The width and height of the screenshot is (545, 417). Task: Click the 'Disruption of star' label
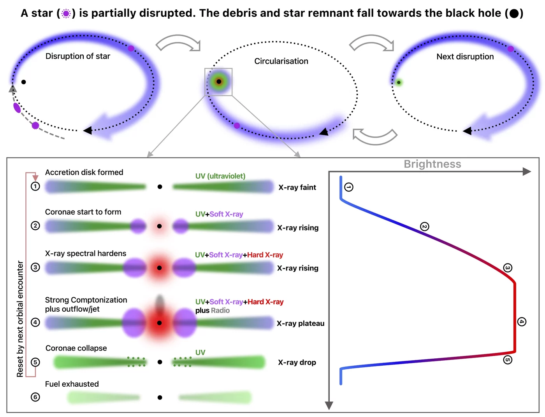coord(78,56)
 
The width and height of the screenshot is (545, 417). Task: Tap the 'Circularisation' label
coord(281,61)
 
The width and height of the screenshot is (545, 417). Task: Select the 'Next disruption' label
coord(465,57)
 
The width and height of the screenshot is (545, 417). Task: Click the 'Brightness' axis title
coord(432,164)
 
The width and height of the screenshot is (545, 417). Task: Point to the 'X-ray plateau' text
coord(300,323)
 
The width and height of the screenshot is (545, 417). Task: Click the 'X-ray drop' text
coord(297,363)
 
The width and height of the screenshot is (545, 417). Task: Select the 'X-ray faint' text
coord(297,187)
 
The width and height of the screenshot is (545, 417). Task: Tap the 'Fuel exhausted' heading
coord(72,384)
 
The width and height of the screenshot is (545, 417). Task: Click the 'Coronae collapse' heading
coord(76,348)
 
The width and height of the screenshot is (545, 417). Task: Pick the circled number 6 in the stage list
coord(35,397)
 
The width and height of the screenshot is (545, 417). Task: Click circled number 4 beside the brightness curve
coord(522,322)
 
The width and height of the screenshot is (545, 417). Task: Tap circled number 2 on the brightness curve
coord(425,227)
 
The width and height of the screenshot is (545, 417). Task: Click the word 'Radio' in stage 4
coord(220,311)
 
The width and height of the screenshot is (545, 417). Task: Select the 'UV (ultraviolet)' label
coord(220,176)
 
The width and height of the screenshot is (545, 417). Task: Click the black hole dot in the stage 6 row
coord(160,398)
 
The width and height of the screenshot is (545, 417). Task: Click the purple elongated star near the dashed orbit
coord(17,108)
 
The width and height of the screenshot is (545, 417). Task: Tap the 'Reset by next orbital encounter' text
coord(20,319)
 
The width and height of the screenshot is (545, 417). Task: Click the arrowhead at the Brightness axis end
coord(527,171)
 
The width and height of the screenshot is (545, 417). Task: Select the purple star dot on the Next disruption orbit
coord(510,49)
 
